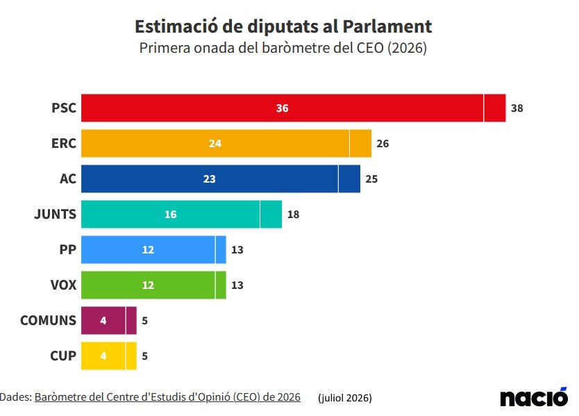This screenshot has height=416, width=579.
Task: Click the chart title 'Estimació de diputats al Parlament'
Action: pyautogui.click(x=283, y=26)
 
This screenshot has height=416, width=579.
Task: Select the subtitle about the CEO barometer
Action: pyautogui.click(x=283, y=48)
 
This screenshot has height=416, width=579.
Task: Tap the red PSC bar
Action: pyautogui.click(x=293, y=108)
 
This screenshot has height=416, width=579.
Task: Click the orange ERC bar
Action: pyautogui.click(x=226, y=143)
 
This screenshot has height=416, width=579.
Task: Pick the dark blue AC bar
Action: pyautogui.click(x=221, y=178)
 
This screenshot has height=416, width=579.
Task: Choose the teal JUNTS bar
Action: pyautogui.click(x=181, y=215)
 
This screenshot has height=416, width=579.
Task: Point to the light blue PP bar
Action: pyautogui.click(x=153, y=250)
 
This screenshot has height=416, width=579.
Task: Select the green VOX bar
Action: pyautogui.click(x=153, y=285)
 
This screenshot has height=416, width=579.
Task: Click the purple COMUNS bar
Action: pyautogui.click(x=109, y=320)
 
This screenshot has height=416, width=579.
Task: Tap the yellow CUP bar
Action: pyautogui.click(x=109, y=356)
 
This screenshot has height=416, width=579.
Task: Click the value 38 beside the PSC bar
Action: pyautogui.click(x=517, y=108)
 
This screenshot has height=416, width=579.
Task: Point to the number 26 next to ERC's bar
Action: pyautogui.click(x=383, y=144)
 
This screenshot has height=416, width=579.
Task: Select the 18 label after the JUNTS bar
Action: pyautogui.click(x=293, y=215)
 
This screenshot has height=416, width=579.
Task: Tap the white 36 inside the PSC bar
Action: pyautogui.click(x=282, y=108)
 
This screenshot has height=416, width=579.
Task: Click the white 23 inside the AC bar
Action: pyautogui.click(x=210, y=179)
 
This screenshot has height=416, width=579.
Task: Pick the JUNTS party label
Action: pyautogui.click(x=55, y=215)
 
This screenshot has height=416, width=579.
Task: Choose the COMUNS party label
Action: pyautogui.click(x=48, y=320)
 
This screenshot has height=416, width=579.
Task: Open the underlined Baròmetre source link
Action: pyautogui.click(x=167, y=397)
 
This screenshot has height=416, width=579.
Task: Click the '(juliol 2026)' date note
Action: pyautogui.click(x=344, y=398)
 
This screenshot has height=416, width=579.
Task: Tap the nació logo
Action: pyautogui.click(x=534, y=397)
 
